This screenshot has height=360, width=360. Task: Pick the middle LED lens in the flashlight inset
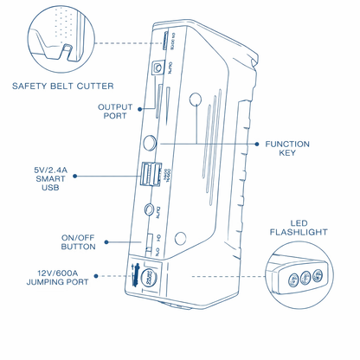pos(304,278)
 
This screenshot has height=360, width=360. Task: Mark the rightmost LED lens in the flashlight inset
pos(317,274)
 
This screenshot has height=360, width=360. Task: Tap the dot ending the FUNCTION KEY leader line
pos(258,143)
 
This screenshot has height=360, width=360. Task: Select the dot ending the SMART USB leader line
pos(75,175)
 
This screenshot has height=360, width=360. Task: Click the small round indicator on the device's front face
pos(196,101)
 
